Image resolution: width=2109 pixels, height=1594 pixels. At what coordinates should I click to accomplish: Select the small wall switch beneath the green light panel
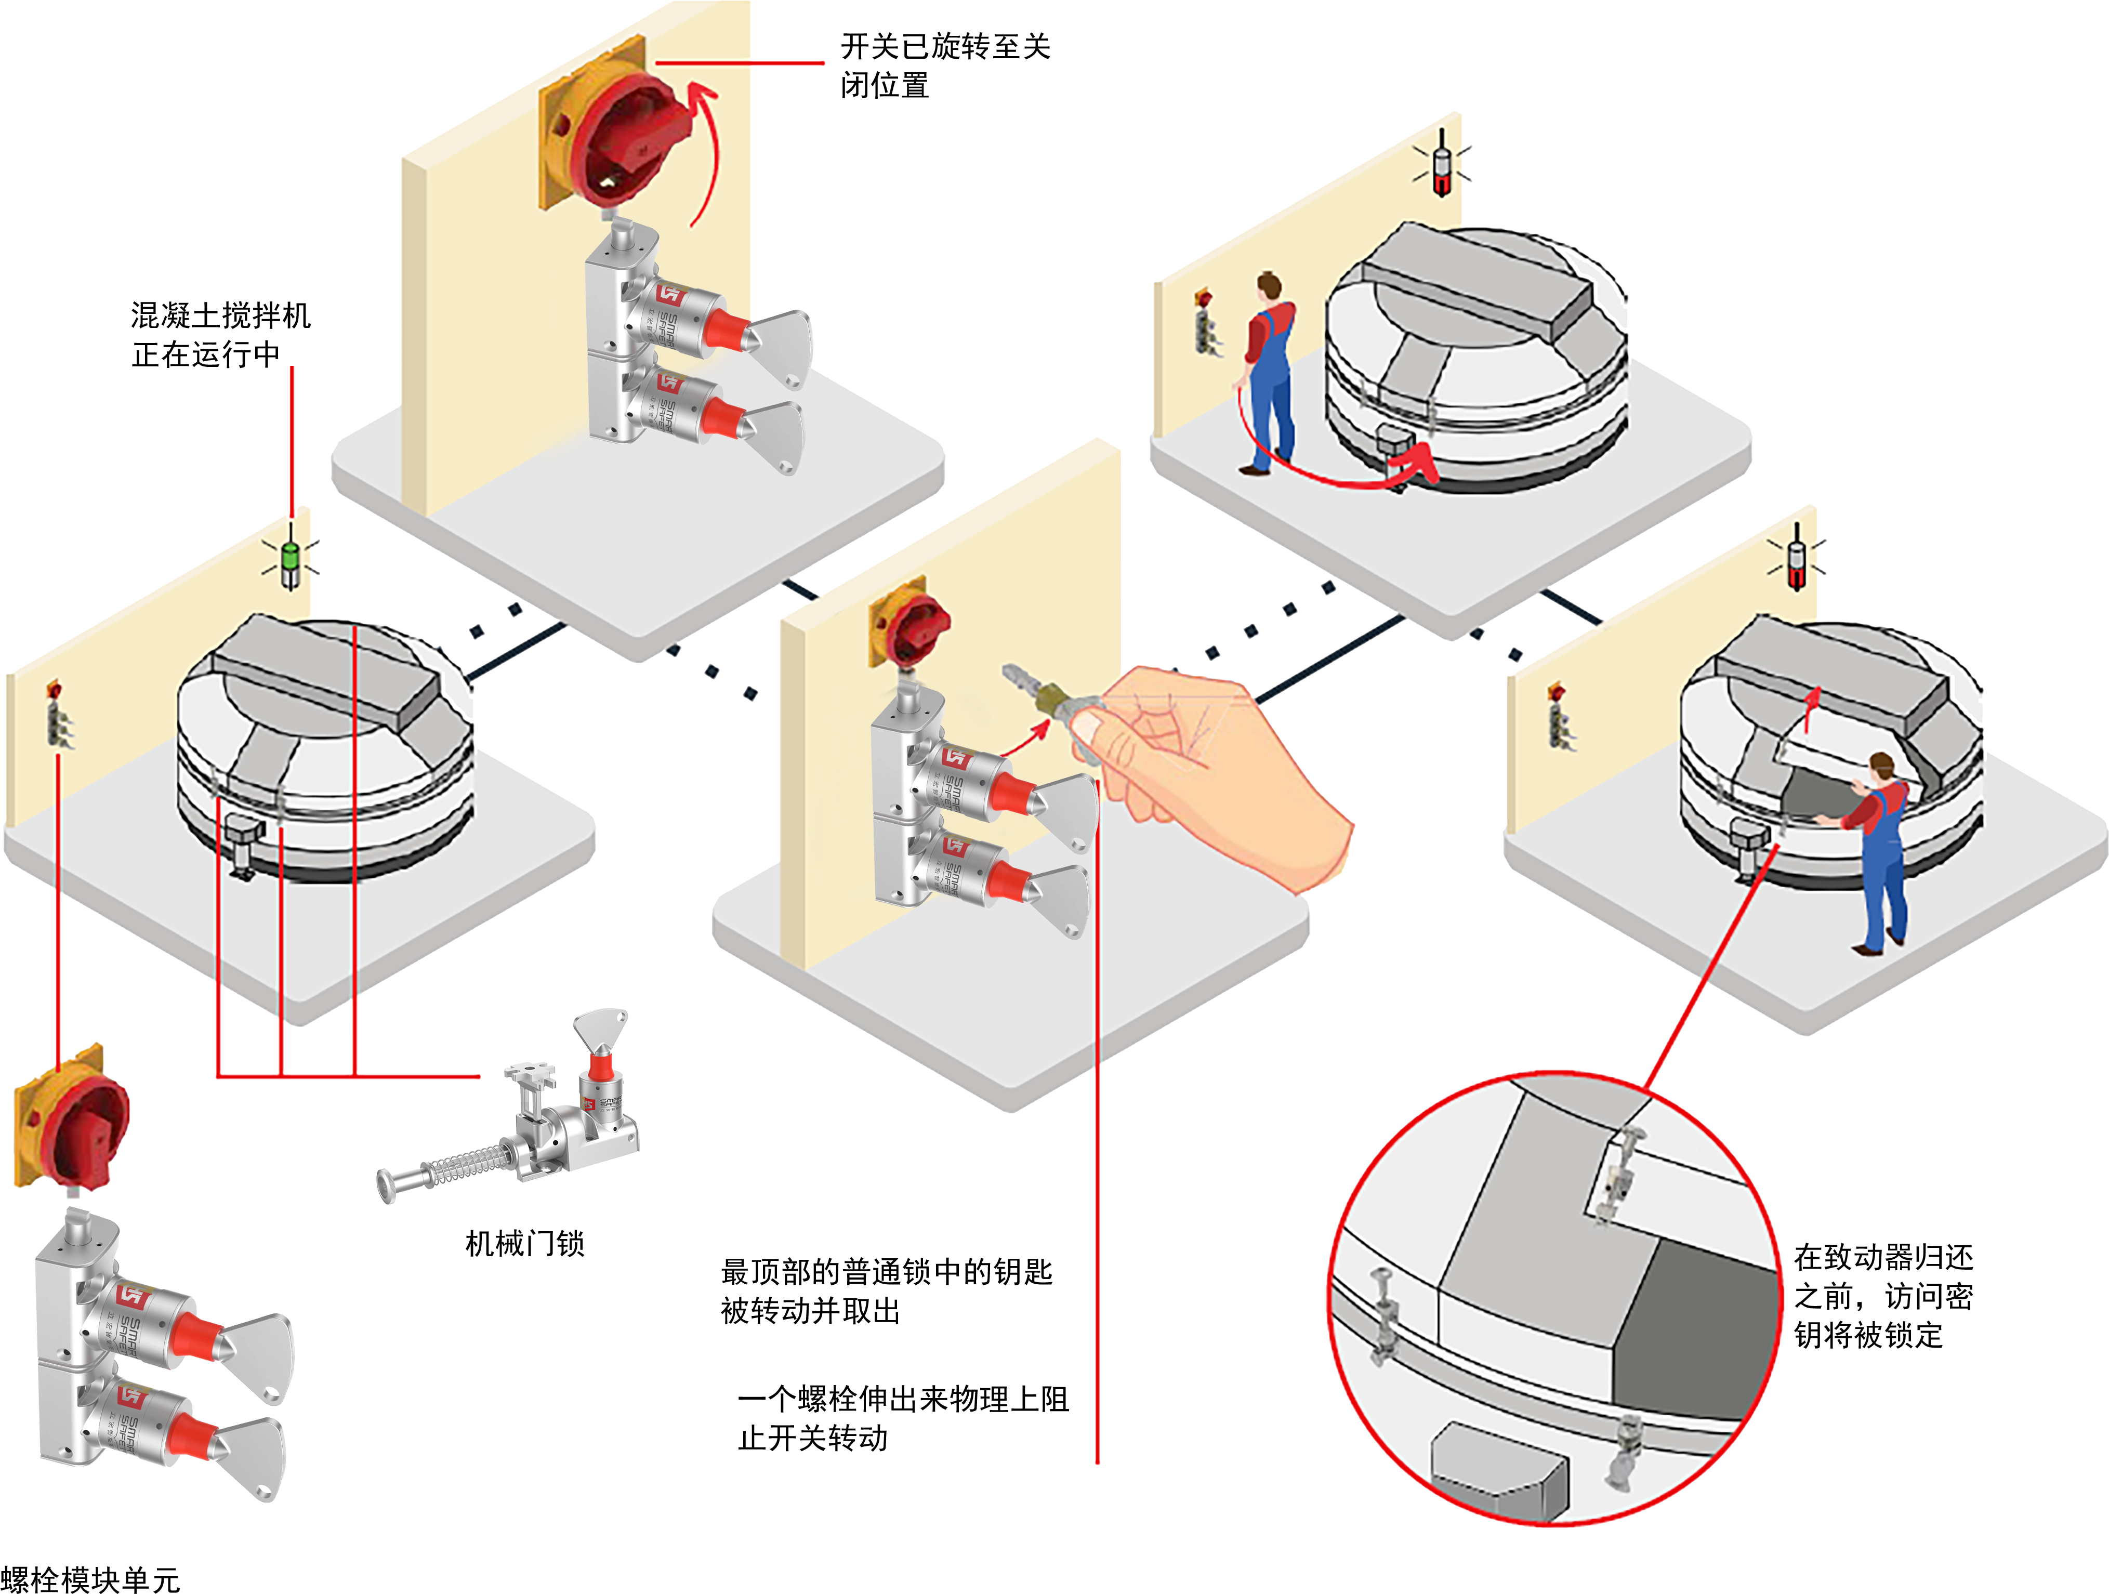[59, 715]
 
